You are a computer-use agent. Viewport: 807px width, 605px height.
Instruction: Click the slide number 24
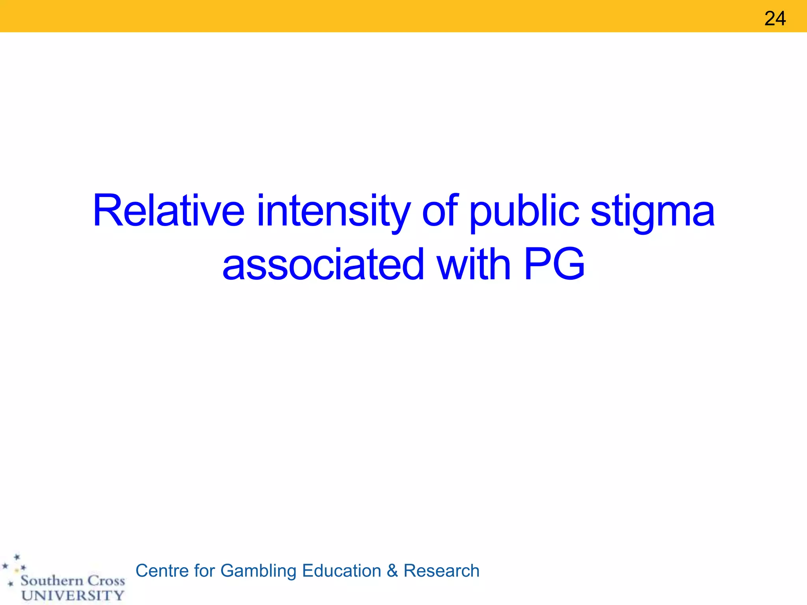[775, 19]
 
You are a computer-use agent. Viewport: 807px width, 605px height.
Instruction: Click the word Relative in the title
[168, 211]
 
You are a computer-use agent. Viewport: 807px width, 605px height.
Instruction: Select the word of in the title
[440, 211]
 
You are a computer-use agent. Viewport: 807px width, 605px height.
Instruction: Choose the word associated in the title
[323, 265]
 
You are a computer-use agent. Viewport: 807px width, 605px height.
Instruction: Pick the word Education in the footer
[342, 571]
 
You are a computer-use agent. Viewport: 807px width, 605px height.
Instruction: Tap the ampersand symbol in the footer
[392, 571]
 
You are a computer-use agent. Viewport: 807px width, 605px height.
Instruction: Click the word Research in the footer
[441, 571]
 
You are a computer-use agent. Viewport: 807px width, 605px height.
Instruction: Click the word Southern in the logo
[52, 581]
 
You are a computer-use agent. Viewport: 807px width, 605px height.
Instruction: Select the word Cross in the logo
[106, 581]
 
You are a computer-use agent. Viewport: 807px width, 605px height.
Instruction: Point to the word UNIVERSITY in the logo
[73, 595]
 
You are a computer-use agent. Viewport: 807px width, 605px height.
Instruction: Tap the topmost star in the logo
[17, 557]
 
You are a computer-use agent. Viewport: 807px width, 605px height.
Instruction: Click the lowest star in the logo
[11, 584]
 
